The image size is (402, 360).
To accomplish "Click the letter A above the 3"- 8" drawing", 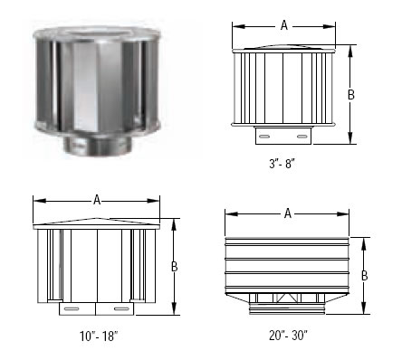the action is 284,25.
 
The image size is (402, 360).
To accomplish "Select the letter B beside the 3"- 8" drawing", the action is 350,95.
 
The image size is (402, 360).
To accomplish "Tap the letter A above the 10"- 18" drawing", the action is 97,200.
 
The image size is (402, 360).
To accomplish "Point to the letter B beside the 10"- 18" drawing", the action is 174,267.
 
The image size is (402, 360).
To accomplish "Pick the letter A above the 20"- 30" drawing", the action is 288,213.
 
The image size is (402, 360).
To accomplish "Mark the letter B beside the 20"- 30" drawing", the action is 364,276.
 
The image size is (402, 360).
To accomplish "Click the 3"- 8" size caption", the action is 282,164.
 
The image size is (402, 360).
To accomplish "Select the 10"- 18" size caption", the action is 99,336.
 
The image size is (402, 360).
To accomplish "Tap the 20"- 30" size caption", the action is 288,335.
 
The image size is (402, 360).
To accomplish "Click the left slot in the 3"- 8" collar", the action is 264,137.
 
